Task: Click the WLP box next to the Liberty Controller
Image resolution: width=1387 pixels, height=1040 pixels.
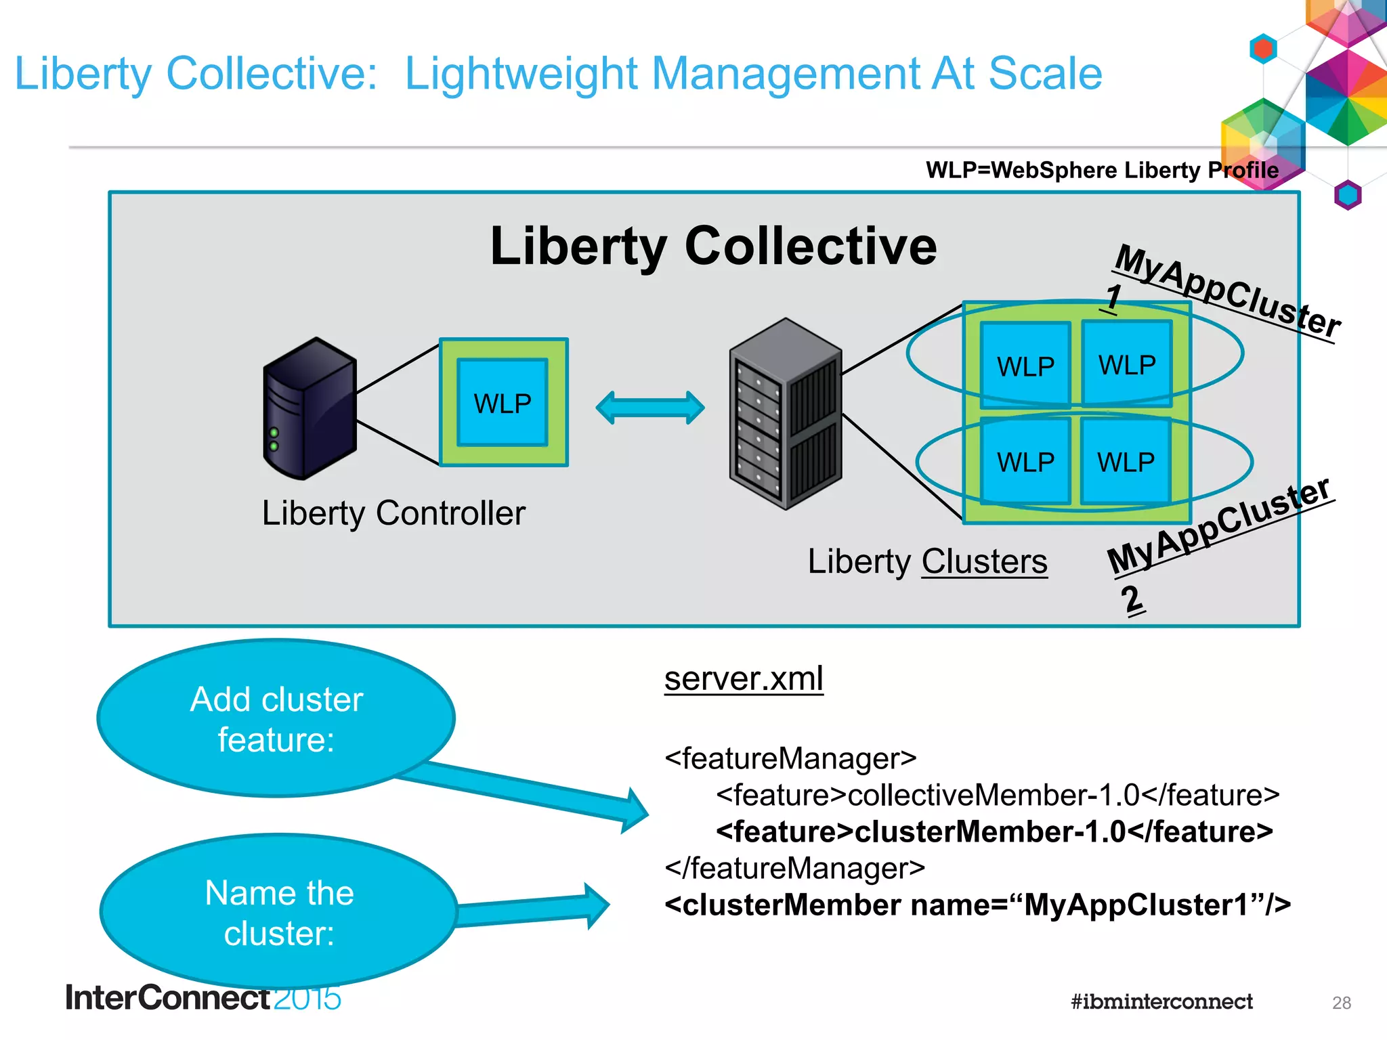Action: (503, 403)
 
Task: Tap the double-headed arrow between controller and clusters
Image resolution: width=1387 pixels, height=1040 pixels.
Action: (649, 408)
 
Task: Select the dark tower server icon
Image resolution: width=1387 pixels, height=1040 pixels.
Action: (310, 410)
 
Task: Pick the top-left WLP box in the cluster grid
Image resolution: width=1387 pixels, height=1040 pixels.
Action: (1025, 366)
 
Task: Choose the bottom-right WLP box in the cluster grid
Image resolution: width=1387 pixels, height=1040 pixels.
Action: (1126, 462)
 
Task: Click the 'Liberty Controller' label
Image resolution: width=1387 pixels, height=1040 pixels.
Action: (393, 513)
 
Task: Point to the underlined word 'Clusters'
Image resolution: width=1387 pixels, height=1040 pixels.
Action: (984, 562)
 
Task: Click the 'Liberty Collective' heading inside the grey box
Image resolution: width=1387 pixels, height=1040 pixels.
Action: (713, 246)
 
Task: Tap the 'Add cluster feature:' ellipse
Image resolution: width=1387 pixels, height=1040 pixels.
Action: (276, 718)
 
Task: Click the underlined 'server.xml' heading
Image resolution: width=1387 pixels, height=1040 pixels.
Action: (744, 678)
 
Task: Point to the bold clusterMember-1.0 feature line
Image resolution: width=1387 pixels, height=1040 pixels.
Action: (994, 831)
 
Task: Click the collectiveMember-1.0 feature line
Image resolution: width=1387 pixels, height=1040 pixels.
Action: (997, 795)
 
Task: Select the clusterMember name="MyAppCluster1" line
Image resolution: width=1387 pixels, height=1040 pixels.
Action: (977, 905)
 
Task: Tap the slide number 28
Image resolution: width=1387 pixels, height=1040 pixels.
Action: (1341, 1003)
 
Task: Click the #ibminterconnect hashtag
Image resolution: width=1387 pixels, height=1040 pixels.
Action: (1161, 1001)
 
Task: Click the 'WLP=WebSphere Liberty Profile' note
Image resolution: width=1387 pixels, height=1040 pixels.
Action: (1102, 170)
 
